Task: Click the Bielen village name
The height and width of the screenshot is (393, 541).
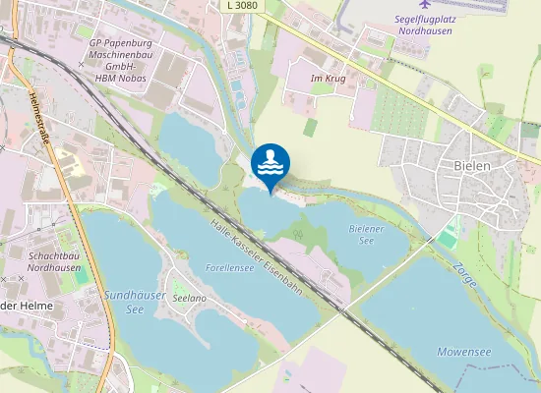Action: point(472,166)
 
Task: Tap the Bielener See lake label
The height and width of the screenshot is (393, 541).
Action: point(364,234)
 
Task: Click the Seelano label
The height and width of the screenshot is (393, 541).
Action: point(189,297)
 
